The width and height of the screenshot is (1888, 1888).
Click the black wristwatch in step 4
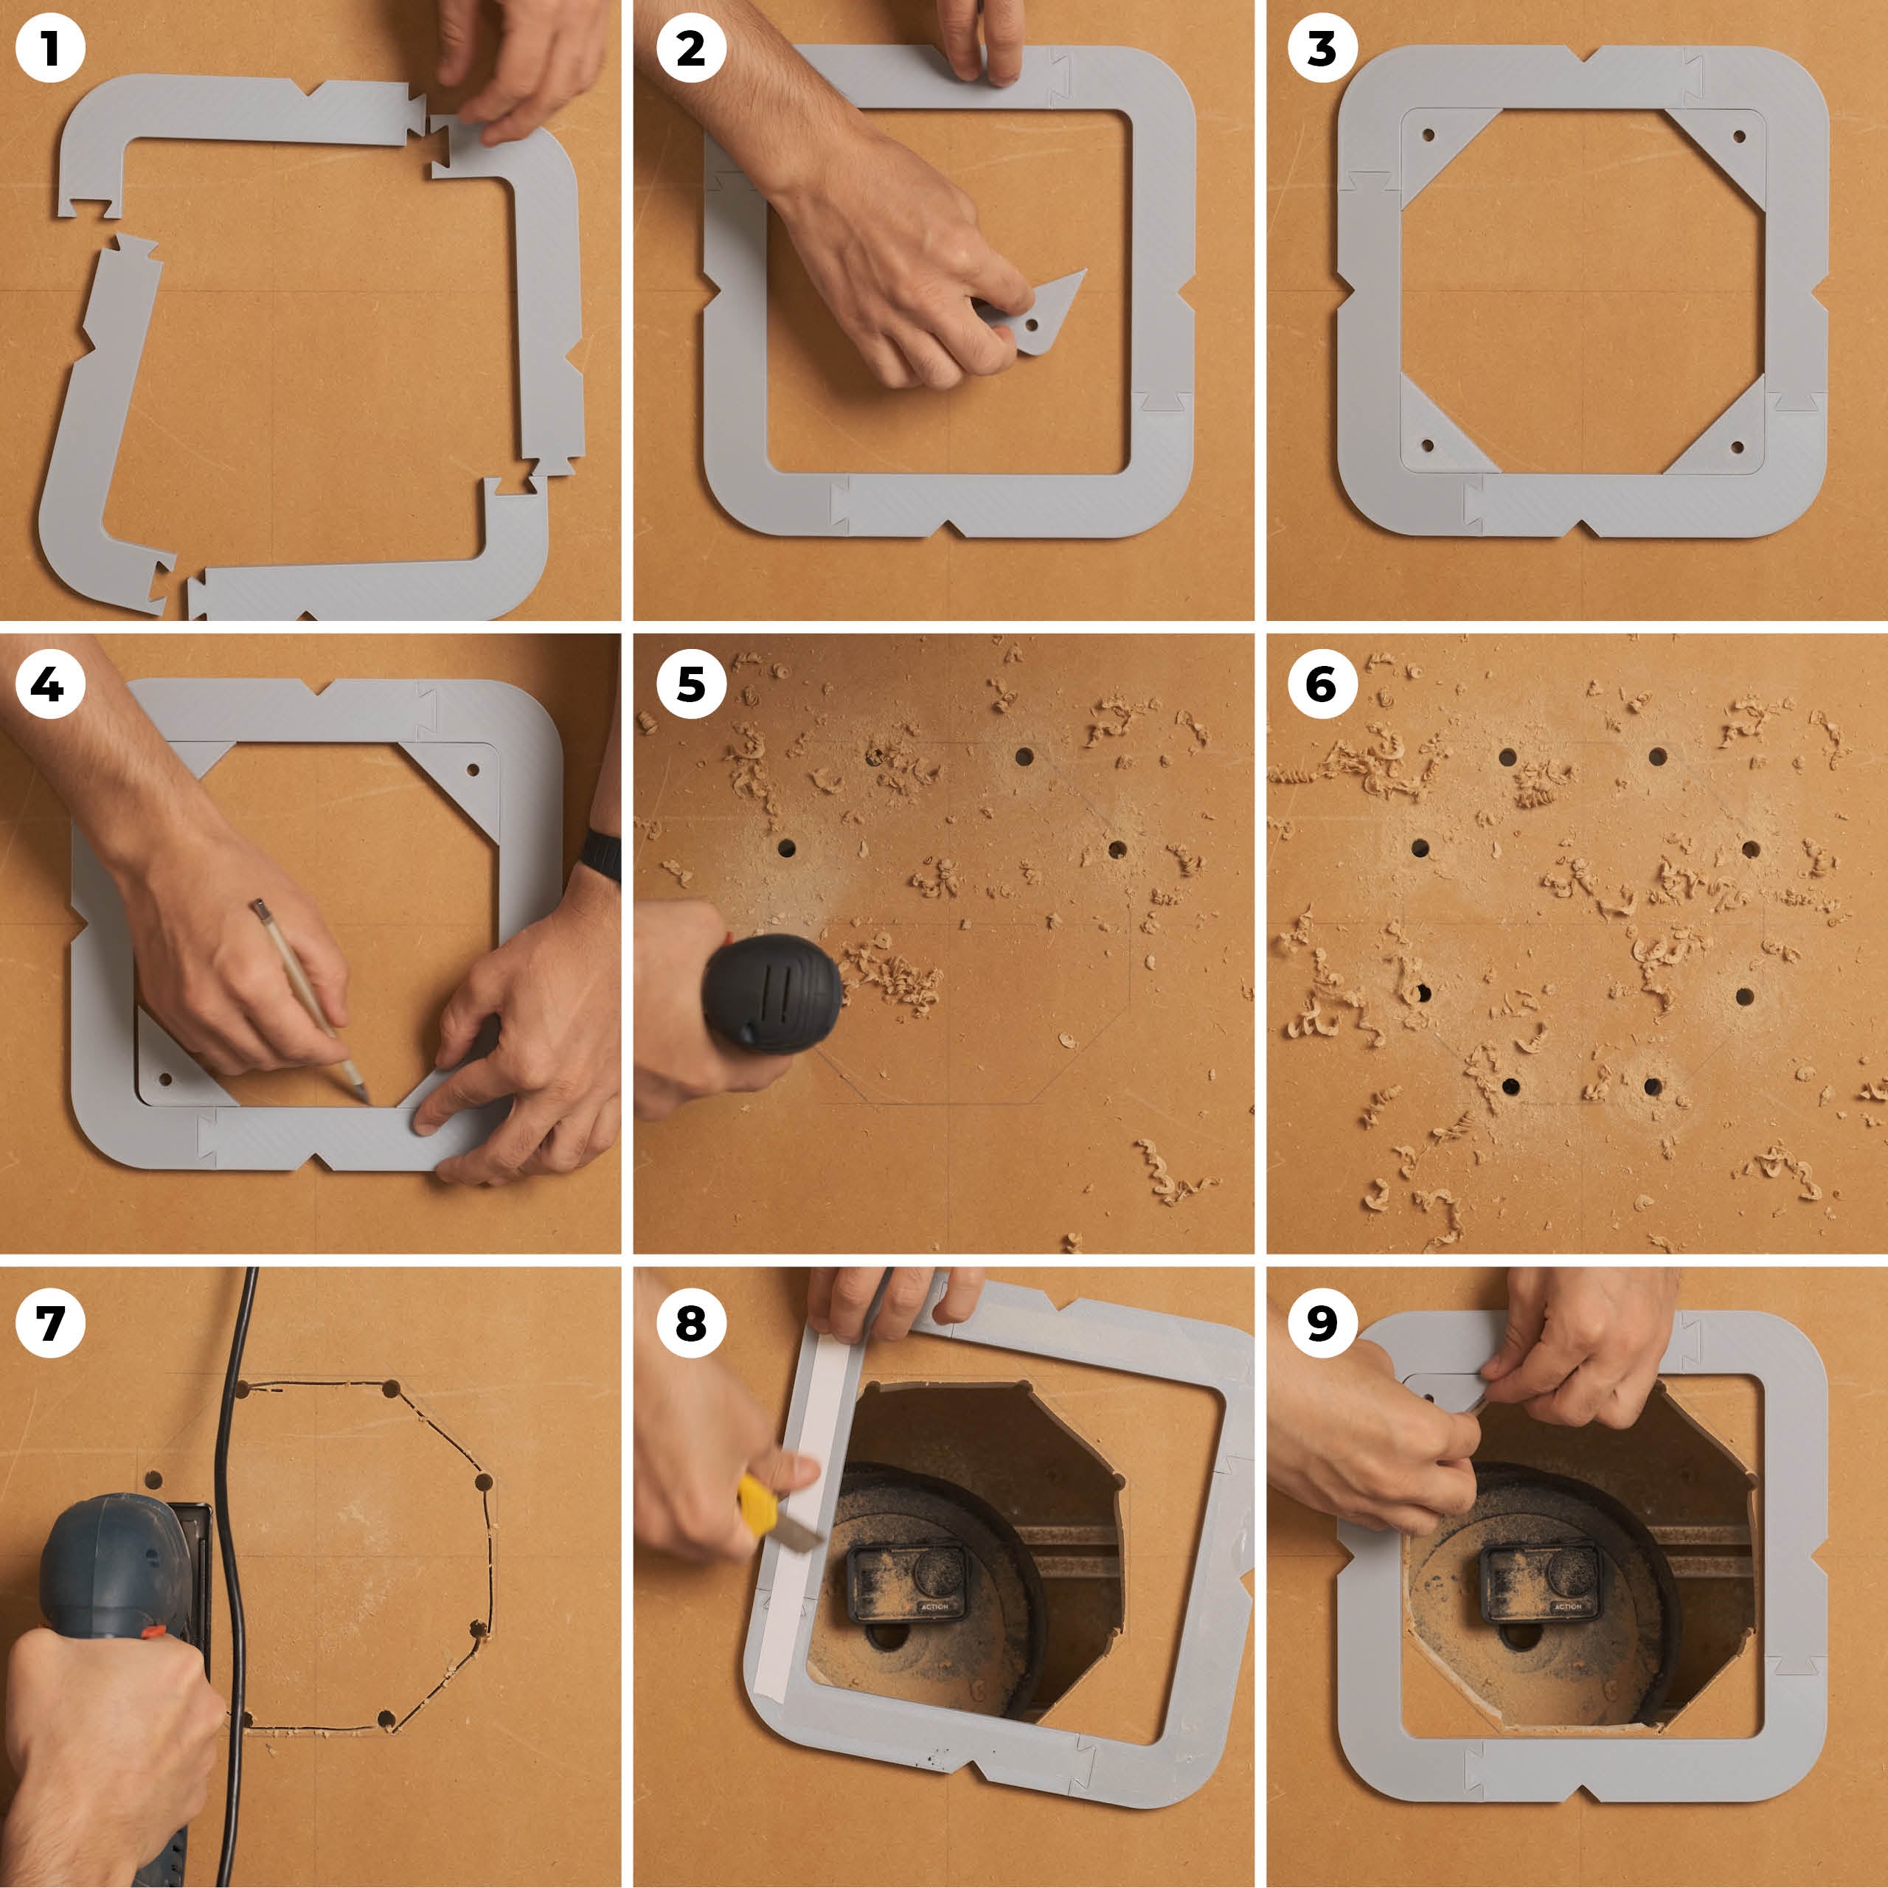(x=600, y=857)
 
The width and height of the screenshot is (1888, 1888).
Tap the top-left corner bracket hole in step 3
(x=1429, y=136)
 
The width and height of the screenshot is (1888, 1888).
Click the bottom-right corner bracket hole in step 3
(x=1737, y=448)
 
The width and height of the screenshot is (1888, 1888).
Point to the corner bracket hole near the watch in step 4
(x=473, y=769)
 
